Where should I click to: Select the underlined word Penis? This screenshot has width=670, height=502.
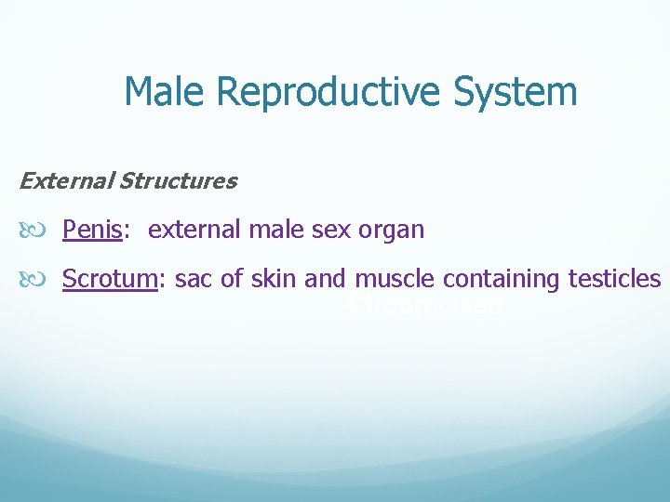92,230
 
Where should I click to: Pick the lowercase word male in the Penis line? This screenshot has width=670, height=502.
268,230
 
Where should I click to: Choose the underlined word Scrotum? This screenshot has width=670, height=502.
108,279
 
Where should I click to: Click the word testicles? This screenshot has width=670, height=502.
611,279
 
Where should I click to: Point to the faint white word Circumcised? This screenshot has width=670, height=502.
424,305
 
